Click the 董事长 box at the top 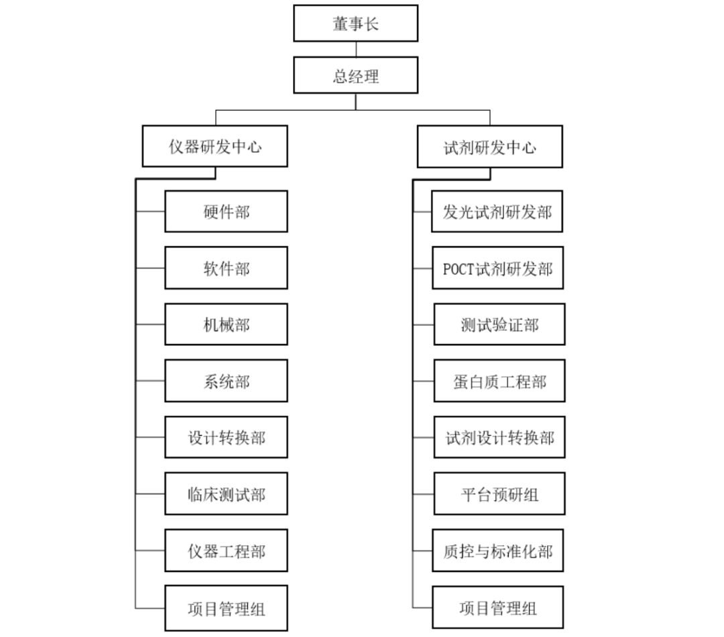(x=356, y=23)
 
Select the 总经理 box (x=356, y=75)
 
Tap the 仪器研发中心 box (x=215, y=146)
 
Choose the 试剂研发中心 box (x=490, y=146)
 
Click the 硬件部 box (x=226, y=211)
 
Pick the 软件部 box (x=226, y=268)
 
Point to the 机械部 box (x=226, y=325)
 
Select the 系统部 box (x=226, y=381)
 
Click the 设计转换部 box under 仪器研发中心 (x=226, y=437)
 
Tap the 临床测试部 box (x=226, y=494)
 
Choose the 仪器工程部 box (x=226, y=551)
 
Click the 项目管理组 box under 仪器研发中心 (x=226, y=607)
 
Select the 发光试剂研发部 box (x=497, y=211)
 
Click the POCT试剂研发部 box (x=497, y=268)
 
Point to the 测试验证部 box (x=499, y=325)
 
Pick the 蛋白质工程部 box (x=499, y=381)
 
